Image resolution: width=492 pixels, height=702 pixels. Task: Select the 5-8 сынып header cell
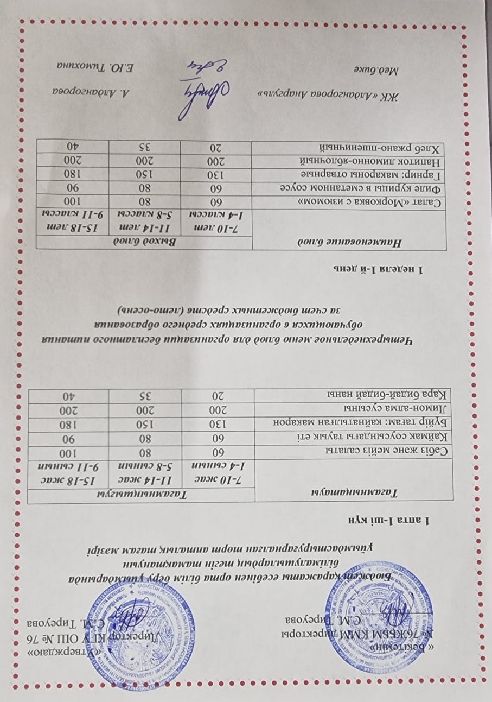(144, 466)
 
